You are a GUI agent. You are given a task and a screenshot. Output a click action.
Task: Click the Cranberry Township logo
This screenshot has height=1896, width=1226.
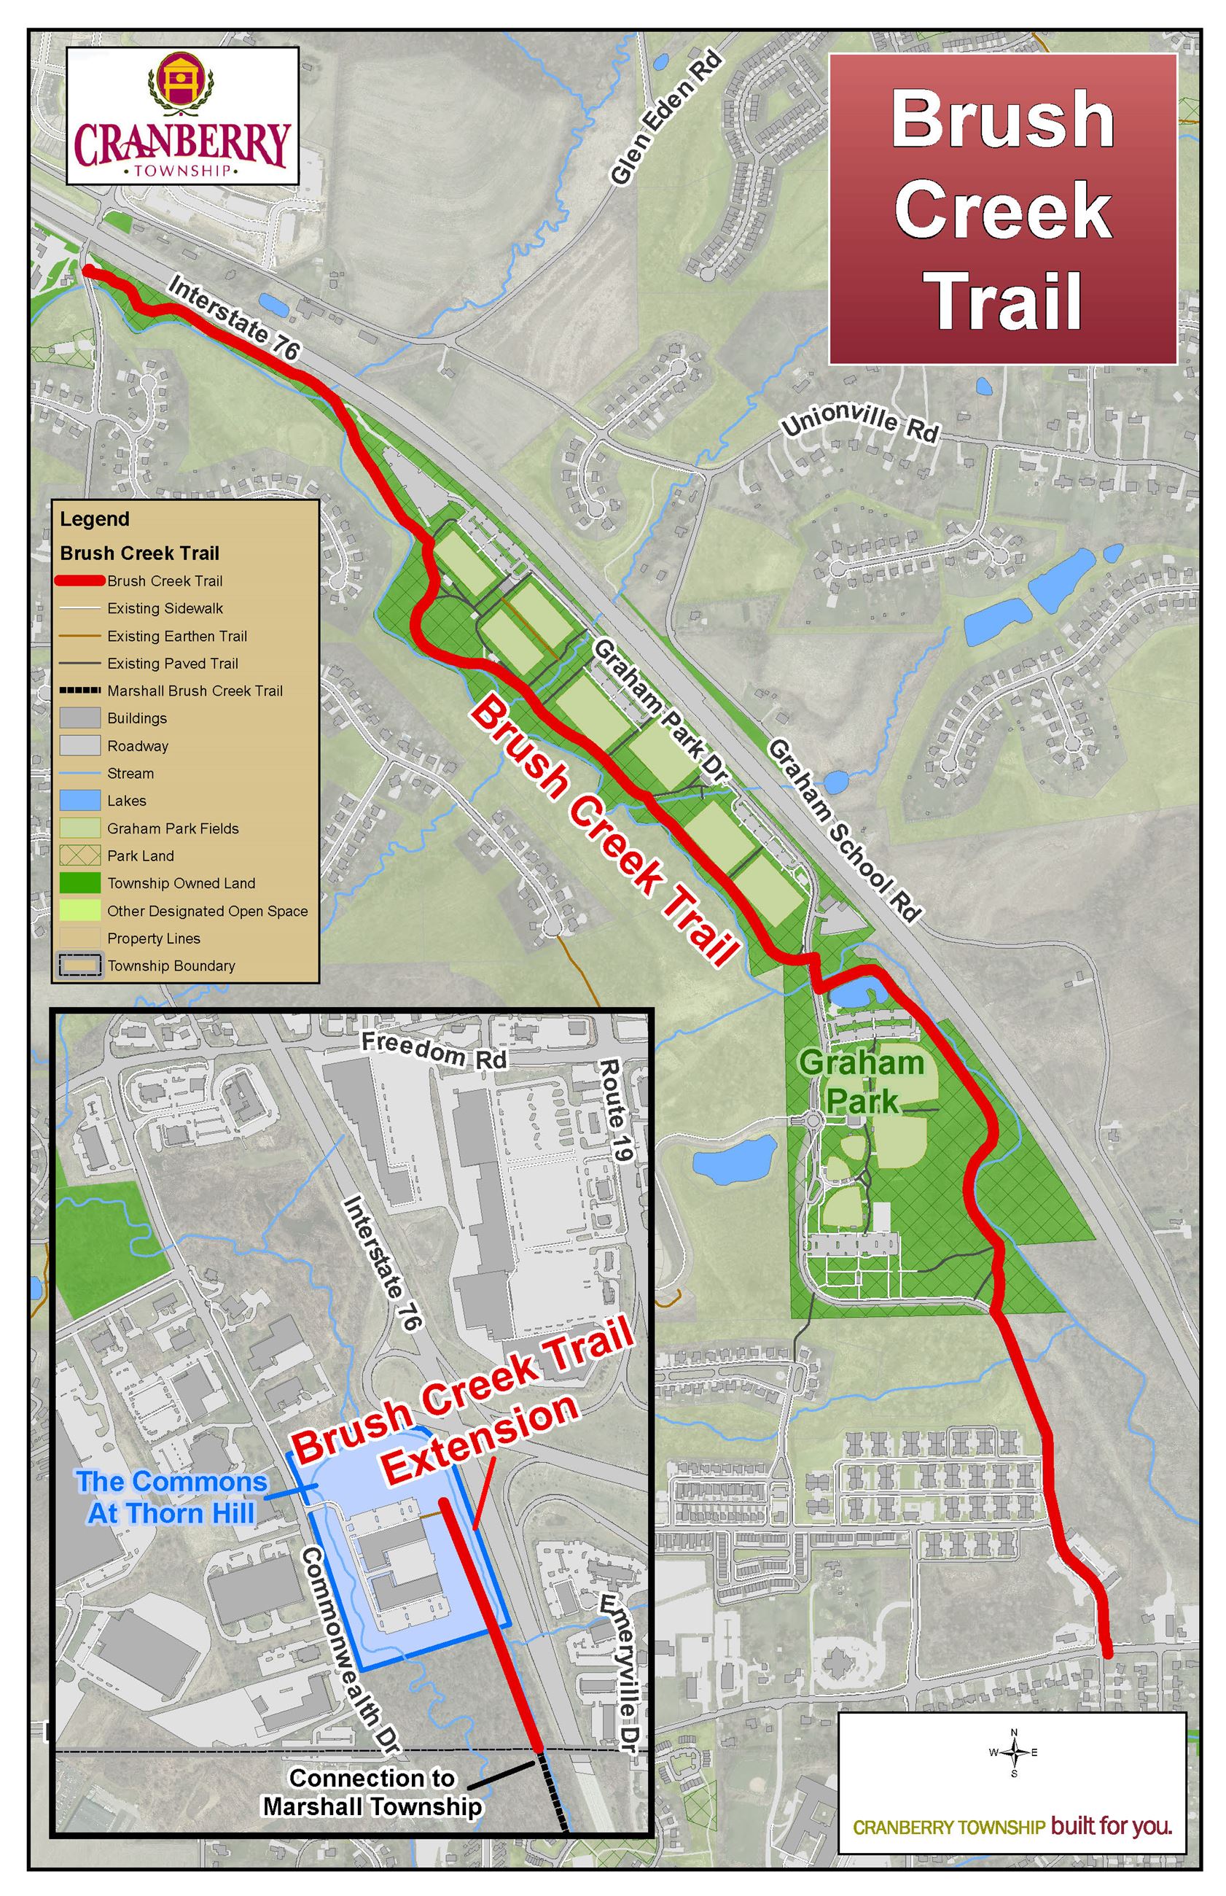[181, 116]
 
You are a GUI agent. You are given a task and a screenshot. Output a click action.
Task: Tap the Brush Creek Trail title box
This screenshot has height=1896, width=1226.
[1002, 209]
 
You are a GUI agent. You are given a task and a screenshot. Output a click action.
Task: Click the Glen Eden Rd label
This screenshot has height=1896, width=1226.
[666, 119]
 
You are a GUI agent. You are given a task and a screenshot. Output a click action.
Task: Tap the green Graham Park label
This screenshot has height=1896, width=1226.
[862, 1081]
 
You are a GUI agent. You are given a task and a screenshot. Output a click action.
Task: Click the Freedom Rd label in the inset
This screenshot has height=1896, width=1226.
[434, 1049]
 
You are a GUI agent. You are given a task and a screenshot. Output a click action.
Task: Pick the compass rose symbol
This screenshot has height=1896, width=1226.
[1014, 1752]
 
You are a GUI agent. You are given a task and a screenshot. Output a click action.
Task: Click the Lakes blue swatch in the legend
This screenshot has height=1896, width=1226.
[79, 800]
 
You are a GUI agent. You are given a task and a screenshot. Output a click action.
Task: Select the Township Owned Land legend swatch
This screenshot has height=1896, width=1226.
[79, 883]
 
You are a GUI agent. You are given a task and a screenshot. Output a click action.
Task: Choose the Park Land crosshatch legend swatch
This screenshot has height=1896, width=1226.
[79, 855]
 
